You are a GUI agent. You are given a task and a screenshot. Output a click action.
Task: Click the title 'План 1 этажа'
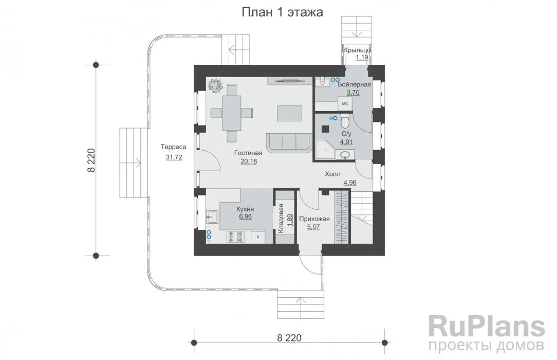tap(283, 13)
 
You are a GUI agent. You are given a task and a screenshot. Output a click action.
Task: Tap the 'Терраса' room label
tap(173, 147)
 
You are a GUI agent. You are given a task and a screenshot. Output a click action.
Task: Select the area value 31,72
tap(174, 157)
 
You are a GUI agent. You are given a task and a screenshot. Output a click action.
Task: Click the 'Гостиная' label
tap(248, 153)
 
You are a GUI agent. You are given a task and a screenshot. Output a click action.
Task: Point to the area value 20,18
tap(249, 161)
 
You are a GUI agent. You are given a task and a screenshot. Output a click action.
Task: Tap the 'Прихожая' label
tap(311, 218)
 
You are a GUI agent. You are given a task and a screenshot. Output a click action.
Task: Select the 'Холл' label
tap(332, 174)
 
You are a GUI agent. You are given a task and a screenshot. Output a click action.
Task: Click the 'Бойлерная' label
tap(355, 84)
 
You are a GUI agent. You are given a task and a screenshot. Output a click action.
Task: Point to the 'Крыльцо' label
tap(358, 50)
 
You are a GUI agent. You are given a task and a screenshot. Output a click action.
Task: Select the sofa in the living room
tap(289, 142)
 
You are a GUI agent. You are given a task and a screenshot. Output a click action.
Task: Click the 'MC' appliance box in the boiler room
tap(345, 104)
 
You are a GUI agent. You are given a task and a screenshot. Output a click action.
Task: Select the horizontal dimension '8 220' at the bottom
tap(289, 337)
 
